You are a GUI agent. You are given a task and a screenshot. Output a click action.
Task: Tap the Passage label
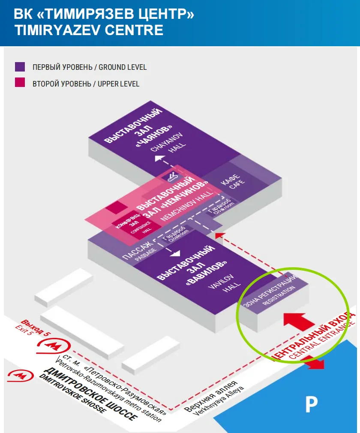(138, 252)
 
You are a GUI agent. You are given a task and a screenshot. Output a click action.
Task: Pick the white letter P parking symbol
(311, 404)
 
